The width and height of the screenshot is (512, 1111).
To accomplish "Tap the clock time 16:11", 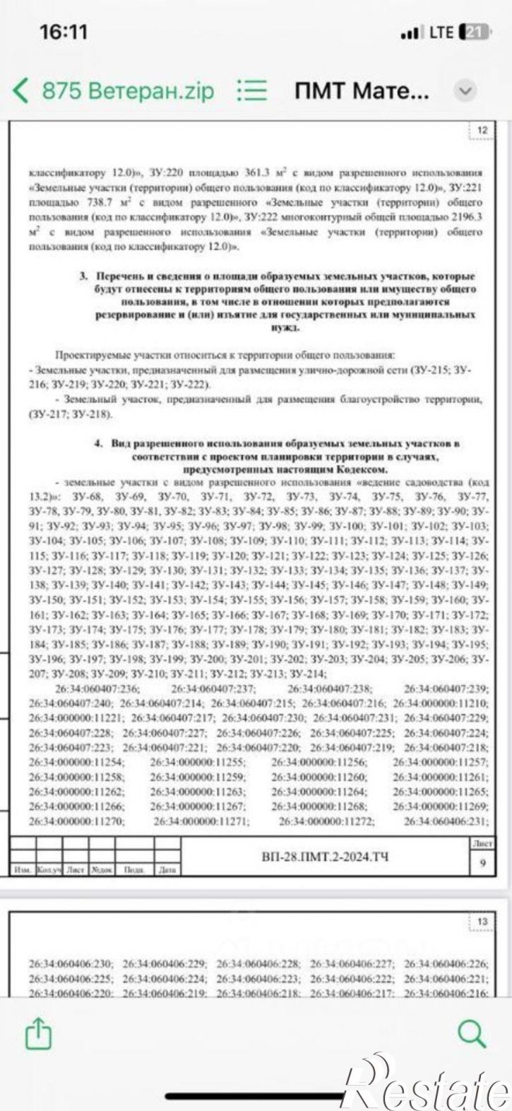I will click(64, 33).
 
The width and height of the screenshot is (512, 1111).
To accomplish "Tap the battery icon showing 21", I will click(474, 33).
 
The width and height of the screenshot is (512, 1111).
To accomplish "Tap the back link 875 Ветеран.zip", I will click(114, 90).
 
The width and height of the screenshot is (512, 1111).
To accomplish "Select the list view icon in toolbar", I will click(252, 90).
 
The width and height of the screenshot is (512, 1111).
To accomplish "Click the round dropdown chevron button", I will click(465, 90).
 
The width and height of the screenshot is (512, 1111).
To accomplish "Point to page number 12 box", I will click(482, 131).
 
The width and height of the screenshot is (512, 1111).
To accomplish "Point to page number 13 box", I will click(482, 922).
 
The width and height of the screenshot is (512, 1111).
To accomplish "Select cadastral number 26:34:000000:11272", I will click(326, 821).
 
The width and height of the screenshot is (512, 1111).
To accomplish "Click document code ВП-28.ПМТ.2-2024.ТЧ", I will click(324, 857).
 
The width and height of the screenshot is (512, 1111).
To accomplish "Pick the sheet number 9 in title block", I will click(482, 862).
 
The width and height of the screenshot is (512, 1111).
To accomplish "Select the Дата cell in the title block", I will click(167, 870).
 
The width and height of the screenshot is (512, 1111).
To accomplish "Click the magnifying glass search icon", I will click(472, 1035).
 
